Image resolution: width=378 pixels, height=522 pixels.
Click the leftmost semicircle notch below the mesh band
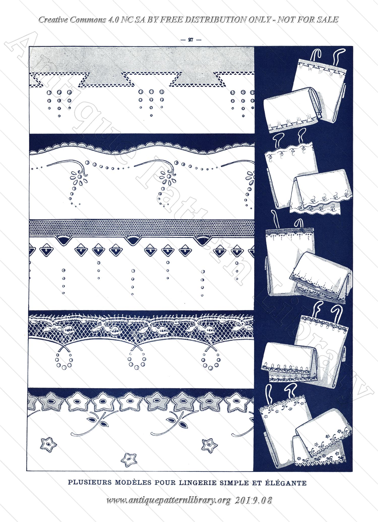[64, 240]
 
